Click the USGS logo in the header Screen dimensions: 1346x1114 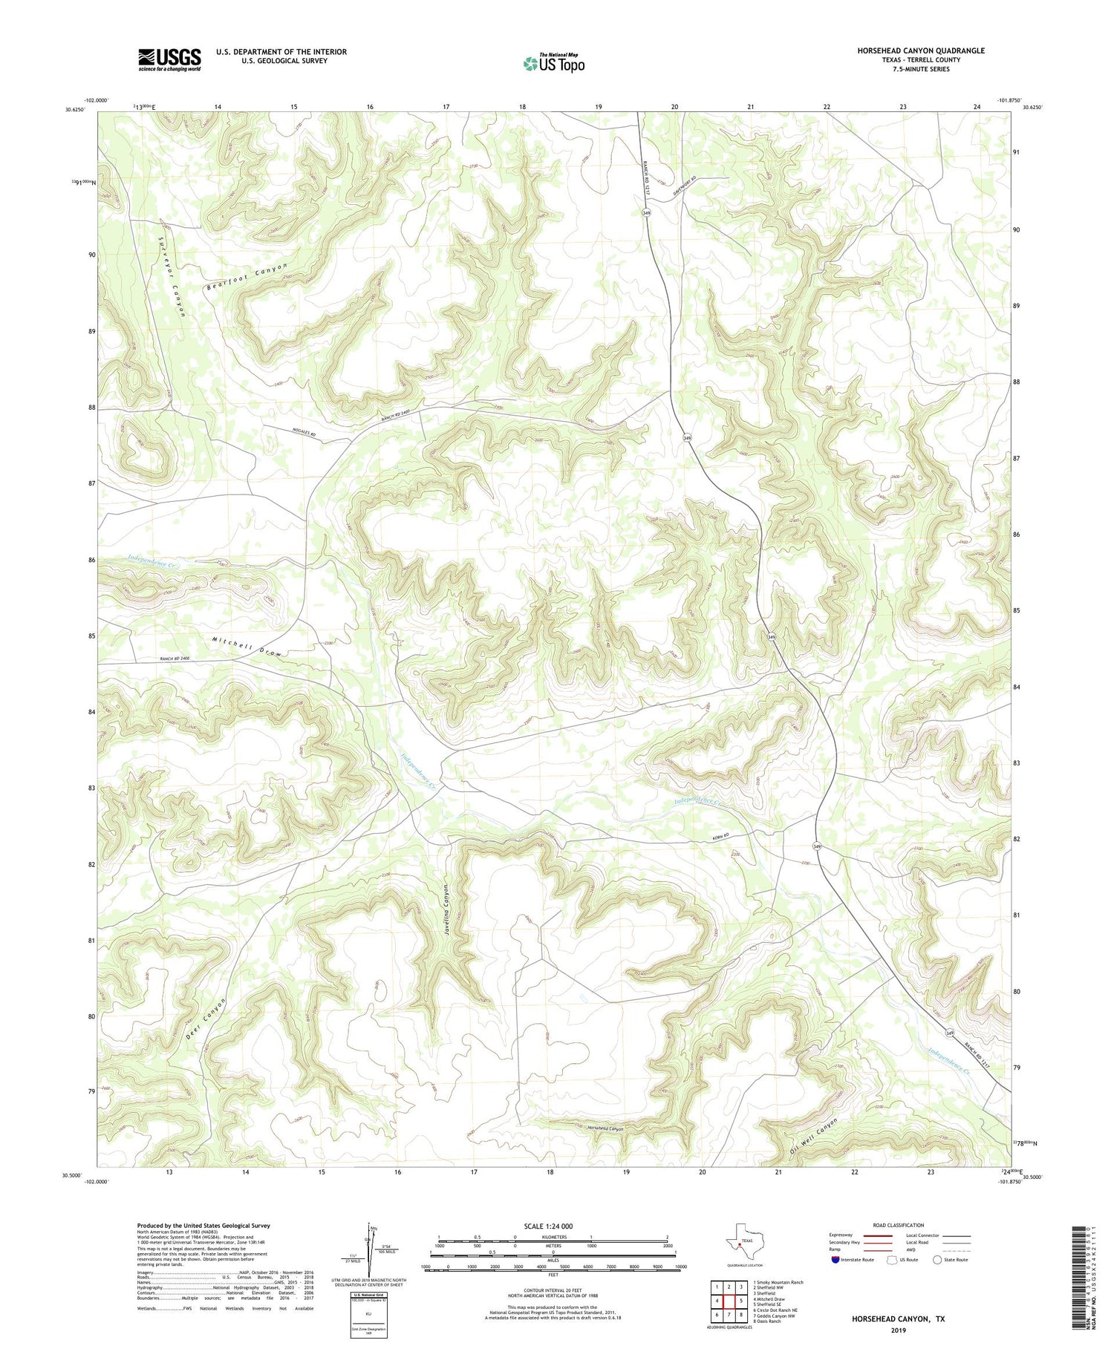169,59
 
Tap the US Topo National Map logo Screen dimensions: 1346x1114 553,64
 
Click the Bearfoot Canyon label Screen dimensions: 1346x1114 246,276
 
